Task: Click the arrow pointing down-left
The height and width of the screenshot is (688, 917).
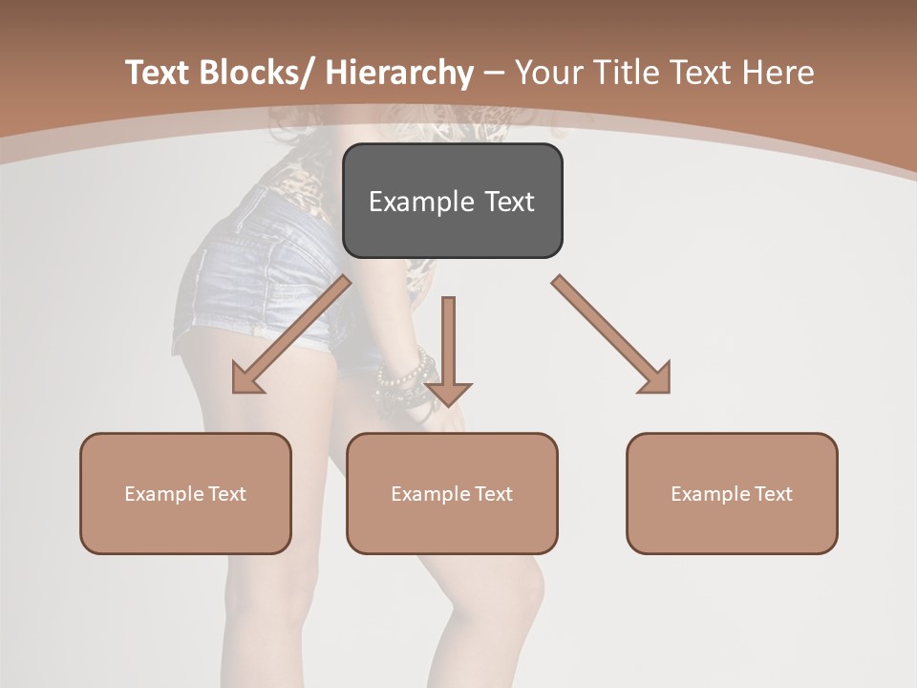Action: (290, 335)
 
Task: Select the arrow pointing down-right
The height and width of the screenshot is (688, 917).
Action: (612, 335)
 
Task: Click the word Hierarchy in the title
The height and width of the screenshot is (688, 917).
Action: (399, 73)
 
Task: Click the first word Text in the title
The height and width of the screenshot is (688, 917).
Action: (160, 73)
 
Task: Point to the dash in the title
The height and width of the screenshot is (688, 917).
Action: (494, 73)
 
